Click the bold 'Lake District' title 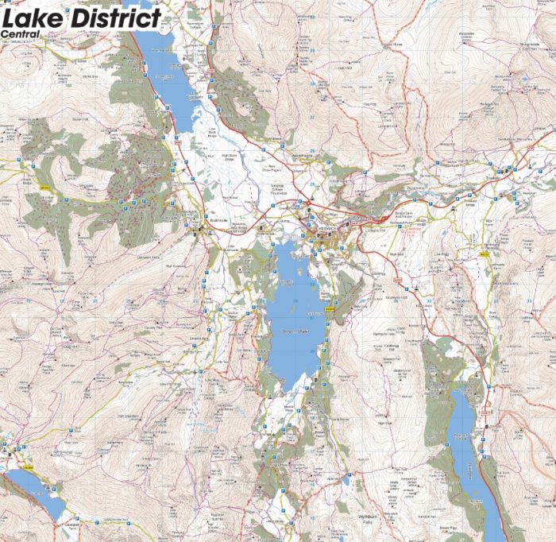(x=82, y=18)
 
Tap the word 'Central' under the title (x=20, y=33)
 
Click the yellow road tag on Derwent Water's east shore (x=328, y=306)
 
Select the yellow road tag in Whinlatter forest (x=45, y=188)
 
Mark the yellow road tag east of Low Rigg (x=484, y=254)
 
